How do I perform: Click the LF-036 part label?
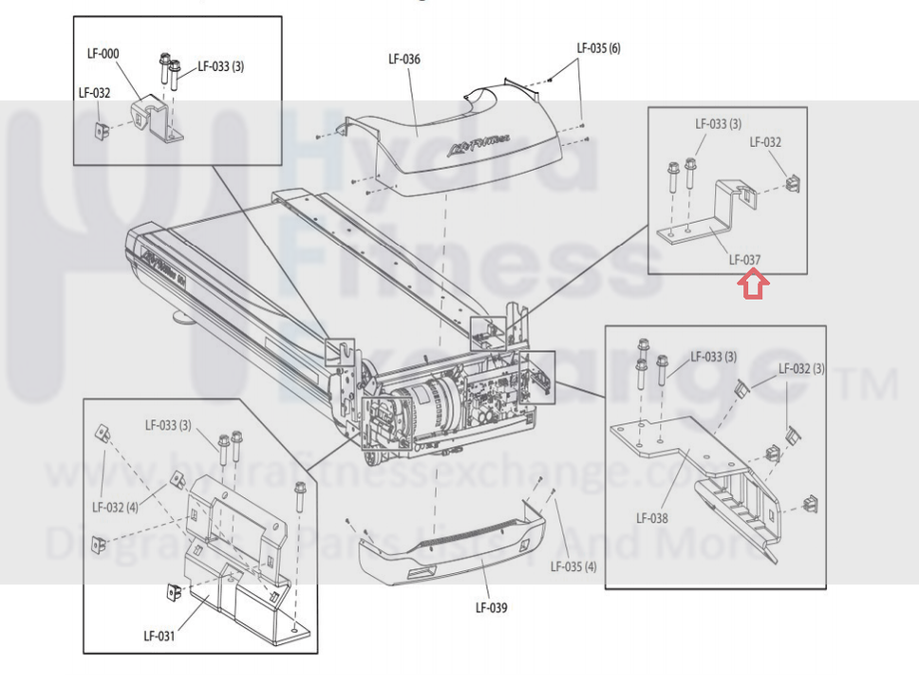pyautogui.click(x=404, y=59)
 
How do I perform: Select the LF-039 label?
pyautogui.click(x=491, y=607)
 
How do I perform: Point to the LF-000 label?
pyautogui.click(x=103, y=55)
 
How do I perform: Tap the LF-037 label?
pyautogui.click(x=744, y=258)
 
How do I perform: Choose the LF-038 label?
pyautogui.click(x=652, y=518)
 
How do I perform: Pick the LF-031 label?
pyautogui.click(x=159, y=636)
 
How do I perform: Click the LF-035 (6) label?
pyautogui.click(x=599, y=48)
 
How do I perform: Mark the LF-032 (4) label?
pyautogui.click(x=115, y=507)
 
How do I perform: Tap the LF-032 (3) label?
pyautogui.click(x=801, y=368)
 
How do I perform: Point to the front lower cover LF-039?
pyautogui.click(x=446, y=550)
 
